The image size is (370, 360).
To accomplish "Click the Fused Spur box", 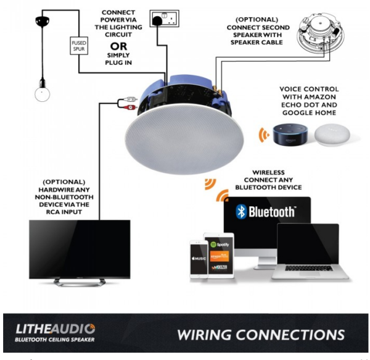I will pyautogui.click(x=80, y=45).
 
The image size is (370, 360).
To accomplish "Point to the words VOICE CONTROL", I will pyautogui.click(x=314, y=90).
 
